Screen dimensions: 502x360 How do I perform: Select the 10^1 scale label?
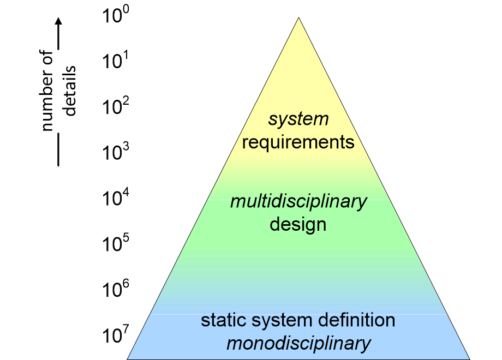pyautogui.click(x=115, y=60)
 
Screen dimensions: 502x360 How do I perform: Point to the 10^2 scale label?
pyautogui.click(x=116, y=106)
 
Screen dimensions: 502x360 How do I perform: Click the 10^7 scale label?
pyautogui.click(x=116, y=334)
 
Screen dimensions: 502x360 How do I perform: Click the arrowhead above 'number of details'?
pyautogui.click(x=58, y=21)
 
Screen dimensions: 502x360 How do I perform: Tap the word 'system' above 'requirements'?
pyautogui.click(x=298, y=119)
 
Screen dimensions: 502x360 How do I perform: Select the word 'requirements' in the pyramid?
pyautogui.click(x=298, y=142)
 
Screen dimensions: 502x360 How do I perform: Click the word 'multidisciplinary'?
pyautogui.click(x=298, y=202)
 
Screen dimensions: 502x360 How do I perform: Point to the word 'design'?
pyautogui.click(x=298, y=224)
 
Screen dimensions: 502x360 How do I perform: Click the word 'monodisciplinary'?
pyautogui.click(x=298, y=343)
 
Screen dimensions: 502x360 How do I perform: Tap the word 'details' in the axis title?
pyautogui.click(x=70, y=91)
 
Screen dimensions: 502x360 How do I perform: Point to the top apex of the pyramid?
pyautogui.click(x=298, y=17)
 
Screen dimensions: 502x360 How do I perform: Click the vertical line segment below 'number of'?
pyautogui.click(x=58, y=149)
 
